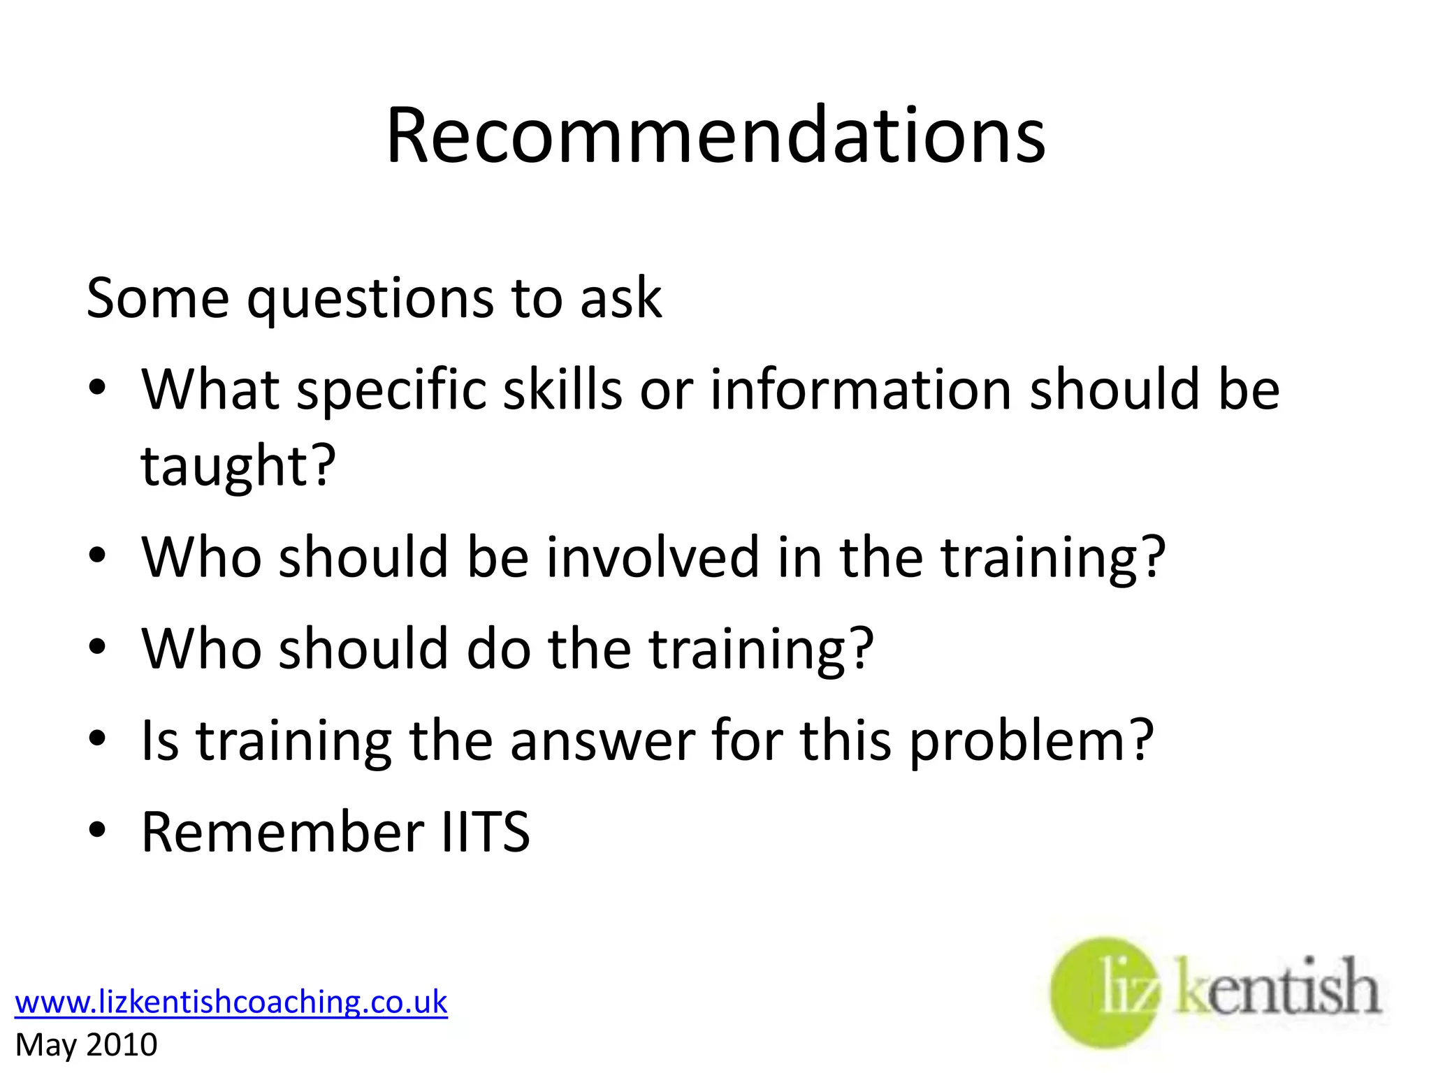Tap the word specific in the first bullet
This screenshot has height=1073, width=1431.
click(391, 390)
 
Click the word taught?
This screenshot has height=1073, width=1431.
click(238, 465)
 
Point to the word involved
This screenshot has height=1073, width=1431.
click(652, 557)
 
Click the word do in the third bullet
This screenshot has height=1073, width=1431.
click(497, 648)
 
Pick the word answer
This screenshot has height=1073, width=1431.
click(602, 740)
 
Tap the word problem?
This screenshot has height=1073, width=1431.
click(1031, 740)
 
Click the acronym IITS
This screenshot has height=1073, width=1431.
click(486, 831)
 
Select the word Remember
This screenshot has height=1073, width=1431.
click(282, 831)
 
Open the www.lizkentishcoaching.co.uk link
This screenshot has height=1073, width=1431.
click(231, 1002)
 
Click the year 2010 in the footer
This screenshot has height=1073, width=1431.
click(122, 1045)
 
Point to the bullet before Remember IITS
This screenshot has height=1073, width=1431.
click(97, 829)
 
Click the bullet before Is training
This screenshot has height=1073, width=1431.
click(97, 738)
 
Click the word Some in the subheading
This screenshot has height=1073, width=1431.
click(157, 298)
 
